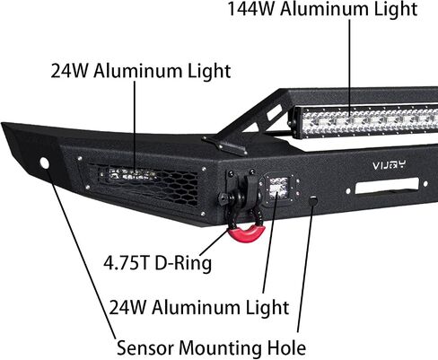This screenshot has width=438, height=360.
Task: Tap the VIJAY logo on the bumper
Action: click(x=390, y=164)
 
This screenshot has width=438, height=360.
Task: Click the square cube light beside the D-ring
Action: click(x=278, y=189)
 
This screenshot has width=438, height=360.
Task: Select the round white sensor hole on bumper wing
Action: click(x=45, y=162)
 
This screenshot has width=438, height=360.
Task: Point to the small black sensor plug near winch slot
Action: click(x=313, y=200)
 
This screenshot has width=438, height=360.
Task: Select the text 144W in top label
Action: click(x=250, y=9)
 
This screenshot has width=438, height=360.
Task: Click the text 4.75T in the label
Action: click(x=126, y=263)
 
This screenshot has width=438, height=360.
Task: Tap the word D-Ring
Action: click(x=183, y=263)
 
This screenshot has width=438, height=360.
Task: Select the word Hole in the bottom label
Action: click(x=286, y=347)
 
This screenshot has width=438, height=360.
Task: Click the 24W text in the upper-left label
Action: click(x=69, y=71)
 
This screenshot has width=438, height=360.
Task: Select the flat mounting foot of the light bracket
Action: click(x=225, y=146)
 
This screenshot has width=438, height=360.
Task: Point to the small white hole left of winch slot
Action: click(x=348, y=190)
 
